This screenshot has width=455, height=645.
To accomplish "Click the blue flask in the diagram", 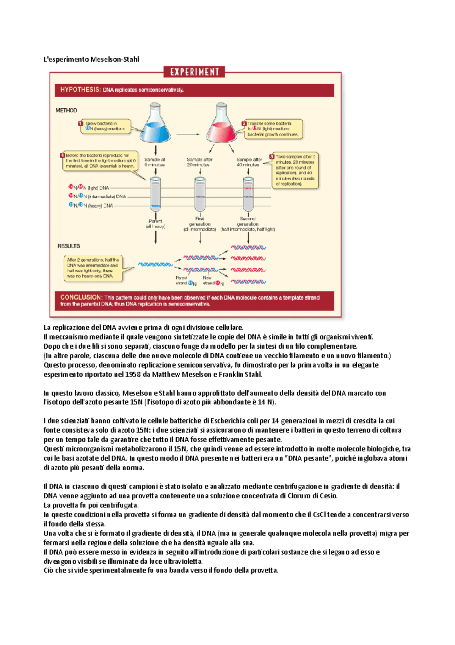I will click(x=155, y=125).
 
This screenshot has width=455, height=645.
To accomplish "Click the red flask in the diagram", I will click(x=221, y=126).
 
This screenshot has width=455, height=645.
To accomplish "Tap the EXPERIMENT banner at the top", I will click(x=194, y=72).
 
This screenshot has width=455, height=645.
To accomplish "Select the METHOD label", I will click(x=66, y=111).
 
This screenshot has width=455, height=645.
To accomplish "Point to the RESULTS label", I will click(x=69, y=246).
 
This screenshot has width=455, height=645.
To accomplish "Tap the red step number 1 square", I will click(x=80, y=123).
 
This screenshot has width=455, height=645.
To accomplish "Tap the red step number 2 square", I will click(x=244, y=123).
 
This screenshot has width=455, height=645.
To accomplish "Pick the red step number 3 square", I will click(x=272, y=157).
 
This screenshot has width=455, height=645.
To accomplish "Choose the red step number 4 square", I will click(x=63, y=155).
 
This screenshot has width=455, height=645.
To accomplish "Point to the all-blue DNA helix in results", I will click(x=155, y=264).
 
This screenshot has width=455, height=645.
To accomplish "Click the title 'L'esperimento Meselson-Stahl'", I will click(x=91, y=59).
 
